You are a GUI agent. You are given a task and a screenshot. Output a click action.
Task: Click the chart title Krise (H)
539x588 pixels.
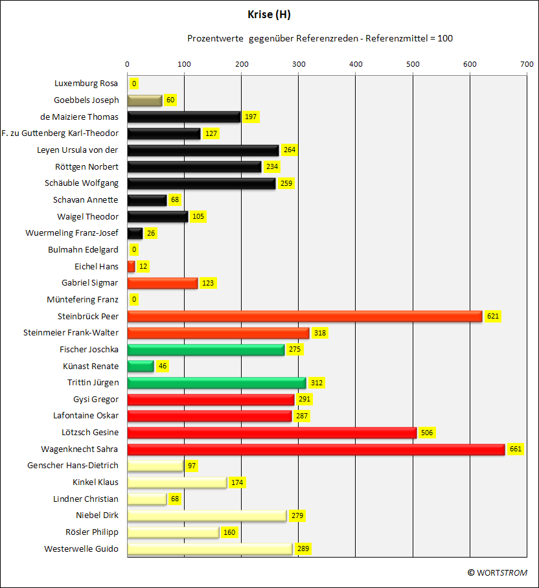tap(269, 15)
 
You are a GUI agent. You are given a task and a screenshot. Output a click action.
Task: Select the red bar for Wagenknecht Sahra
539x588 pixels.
tap(316, 449)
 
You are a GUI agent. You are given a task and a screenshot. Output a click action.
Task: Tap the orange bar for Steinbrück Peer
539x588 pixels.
tap(305, 317)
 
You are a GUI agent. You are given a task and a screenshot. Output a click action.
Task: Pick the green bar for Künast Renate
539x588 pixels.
tap(141, 367)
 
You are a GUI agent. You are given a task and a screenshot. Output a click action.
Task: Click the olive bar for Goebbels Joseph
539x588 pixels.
tap(144, 100)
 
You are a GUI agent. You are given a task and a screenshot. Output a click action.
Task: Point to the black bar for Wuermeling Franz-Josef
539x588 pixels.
tap(135, 233)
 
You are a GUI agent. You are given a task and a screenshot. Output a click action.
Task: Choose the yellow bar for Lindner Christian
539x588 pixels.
tap(147, 499)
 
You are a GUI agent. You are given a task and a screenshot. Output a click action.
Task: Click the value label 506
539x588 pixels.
tap(427, 433)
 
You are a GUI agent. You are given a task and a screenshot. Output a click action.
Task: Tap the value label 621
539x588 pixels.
tap(493, 316)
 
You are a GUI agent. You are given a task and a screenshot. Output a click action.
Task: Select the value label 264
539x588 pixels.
tap(290, 150)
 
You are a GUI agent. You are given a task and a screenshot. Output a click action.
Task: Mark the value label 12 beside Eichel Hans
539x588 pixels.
tap(143, 266)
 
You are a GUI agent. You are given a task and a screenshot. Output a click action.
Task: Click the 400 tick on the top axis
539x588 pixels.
tap(356, 64)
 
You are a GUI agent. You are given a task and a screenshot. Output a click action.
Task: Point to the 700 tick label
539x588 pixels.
tap(527, 64)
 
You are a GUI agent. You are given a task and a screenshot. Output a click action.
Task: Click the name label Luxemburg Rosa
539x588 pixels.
tap(86, 84)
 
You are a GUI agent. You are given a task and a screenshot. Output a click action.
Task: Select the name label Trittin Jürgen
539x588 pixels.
tap(93, 383)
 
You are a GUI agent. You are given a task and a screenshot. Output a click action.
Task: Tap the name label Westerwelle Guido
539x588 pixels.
tap(81, 549)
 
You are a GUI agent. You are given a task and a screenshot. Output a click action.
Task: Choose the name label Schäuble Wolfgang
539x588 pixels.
tap(82, 183)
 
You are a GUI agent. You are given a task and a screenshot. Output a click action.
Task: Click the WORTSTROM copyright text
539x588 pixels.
tap(498, 573)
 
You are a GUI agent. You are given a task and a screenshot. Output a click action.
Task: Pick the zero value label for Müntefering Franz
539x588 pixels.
tap(134, 300)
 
